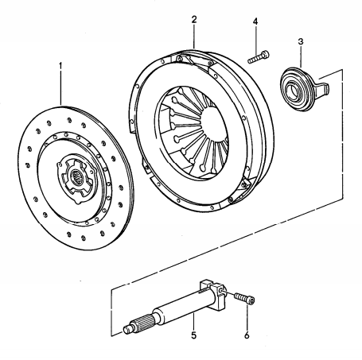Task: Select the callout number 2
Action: coord(193,17)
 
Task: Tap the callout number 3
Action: coord(301,41)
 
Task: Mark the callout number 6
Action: coord(246,335)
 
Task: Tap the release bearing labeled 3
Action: coord(298,84)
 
